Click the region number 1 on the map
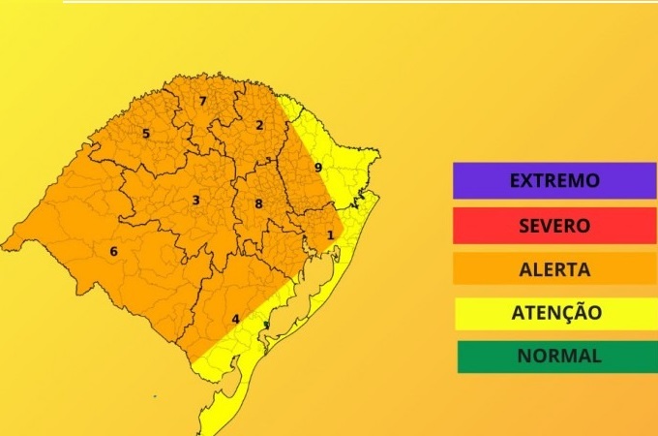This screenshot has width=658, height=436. point(330,234)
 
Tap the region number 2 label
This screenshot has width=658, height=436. point(259,125)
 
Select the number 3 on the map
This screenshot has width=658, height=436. point(195,201)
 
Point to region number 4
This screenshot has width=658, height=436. point(235,319)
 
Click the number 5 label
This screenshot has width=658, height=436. point(146,134)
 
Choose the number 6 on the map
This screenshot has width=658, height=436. point(113,252)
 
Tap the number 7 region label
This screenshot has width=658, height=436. point(202,101)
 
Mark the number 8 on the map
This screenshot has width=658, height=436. point(258,203)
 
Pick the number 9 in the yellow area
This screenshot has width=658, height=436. point(317,168)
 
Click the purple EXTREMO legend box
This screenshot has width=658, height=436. point(553,180)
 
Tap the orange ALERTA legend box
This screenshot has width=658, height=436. point(553,268)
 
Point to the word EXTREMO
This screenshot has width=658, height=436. point(554,180)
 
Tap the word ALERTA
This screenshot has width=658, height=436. point(554,268)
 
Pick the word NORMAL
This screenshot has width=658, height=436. point(558,356)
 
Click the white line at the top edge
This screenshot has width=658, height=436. point(358,1)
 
